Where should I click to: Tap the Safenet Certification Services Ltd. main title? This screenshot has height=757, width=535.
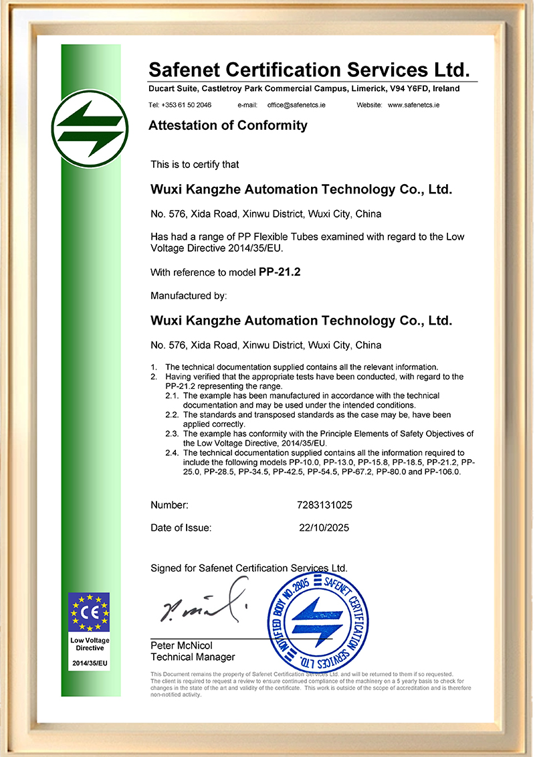pyautogui.click(x=309, y=70)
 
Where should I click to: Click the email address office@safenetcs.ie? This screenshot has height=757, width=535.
pyautogui.click(x=296, y=105)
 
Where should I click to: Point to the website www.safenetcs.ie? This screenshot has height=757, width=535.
pyautogui.click(x=413, y=105)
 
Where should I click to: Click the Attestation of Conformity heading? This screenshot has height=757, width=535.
pyautogui.click(x=228, y=125)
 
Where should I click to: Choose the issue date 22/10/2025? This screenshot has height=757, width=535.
pyautogui.click(x=324, y=527)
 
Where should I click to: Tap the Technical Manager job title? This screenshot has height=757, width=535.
pyautogui.click(x=193, y=657)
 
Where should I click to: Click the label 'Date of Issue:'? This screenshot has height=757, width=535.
pyautogui.click(x=181, y=527)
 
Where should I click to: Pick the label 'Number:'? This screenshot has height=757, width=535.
pyautogui.click(x=169, y=505)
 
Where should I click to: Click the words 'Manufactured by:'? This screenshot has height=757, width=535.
pyautogui.click(x=189, y=295)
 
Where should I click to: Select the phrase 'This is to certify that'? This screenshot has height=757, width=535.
pyautogui.click(x=195, y=164)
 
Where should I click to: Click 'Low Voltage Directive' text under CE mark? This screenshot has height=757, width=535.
pyautogui.click(x=89, y=644)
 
